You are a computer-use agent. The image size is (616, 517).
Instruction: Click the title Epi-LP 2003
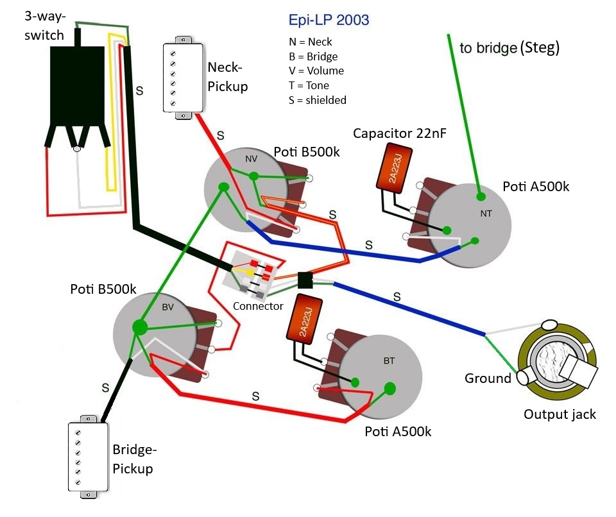(329, 20)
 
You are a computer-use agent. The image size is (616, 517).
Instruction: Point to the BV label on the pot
(167, 307)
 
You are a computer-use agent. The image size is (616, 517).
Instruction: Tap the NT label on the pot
(485, 214)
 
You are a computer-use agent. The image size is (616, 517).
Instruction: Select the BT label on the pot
(389, 361)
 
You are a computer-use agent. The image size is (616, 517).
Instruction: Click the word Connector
(258, 307)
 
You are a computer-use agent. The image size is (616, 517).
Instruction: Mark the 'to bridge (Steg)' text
(509, 48)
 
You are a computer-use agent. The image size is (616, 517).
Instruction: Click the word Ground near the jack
(488, 378)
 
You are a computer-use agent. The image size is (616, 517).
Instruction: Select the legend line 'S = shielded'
(318, 100)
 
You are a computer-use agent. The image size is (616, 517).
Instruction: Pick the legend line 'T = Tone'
(309, 85)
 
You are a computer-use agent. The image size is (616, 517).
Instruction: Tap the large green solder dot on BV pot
(139, 326)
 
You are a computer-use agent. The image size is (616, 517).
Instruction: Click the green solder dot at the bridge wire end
(480, 196)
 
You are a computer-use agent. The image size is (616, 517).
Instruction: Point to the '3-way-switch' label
(44, 25)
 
